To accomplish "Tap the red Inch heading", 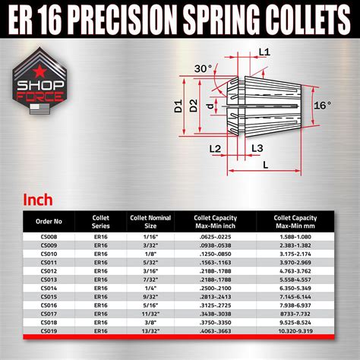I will pos(36,201).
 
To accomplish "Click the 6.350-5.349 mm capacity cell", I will pos(296,289).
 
